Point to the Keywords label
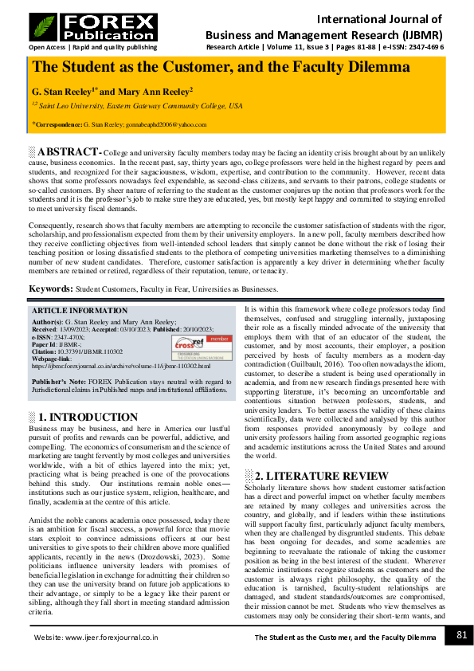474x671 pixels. point(51,288)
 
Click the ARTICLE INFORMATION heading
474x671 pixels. point(79,311)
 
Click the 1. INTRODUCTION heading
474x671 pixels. point(88,417)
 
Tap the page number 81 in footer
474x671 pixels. point(461,635)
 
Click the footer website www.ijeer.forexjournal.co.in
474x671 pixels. point(96,638)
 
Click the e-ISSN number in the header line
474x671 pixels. point(422,47)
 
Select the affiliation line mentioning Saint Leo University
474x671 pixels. point(137,104)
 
